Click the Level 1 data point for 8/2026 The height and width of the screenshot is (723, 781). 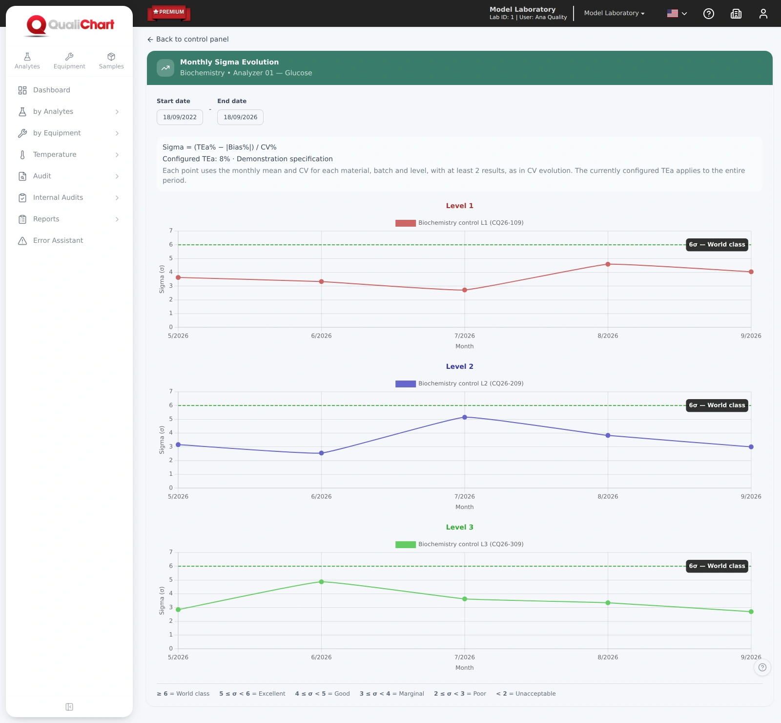tap(608, 264)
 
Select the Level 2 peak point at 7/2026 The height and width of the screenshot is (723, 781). tap(465, 417)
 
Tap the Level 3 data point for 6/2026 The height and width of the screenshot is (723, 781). tap(321, 582)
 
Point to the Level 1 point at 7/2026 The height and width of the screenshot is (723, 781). tap(465, 290)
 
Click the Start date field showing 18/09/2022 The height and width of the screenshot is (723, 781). tap(180, 117)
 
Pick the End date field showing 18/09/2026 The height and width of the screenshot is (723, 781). tap(240, 117)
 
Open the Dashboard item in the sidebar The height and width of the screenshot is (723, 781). tap(52, 90)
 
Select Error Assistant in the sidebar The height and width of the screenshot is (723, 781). tap(58, 240)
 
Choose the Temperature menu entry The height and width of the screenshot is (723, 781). tap(55, 154)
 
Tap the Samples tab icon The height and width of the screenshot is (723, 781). tap(111, 57)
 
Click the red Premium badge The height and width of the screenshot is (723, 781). tap(169, 13)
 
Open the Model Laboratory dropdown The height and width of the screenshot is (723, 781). tap(614, 13)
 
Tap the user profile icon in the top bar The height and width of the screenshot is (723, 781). tap(763, 14)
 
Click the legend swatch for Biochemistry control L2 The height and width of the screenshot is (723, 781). tap(406, 384)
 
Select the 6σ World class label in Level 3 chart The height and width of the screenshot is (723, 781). tap(717, 566)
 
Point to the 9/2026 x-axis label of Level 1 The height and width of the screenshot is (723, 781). tap(751, 336)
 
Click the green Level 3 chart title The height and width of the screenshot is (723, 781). tap(460, 527)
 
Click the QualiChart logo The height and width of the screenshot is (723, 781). tap(70, 25)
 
